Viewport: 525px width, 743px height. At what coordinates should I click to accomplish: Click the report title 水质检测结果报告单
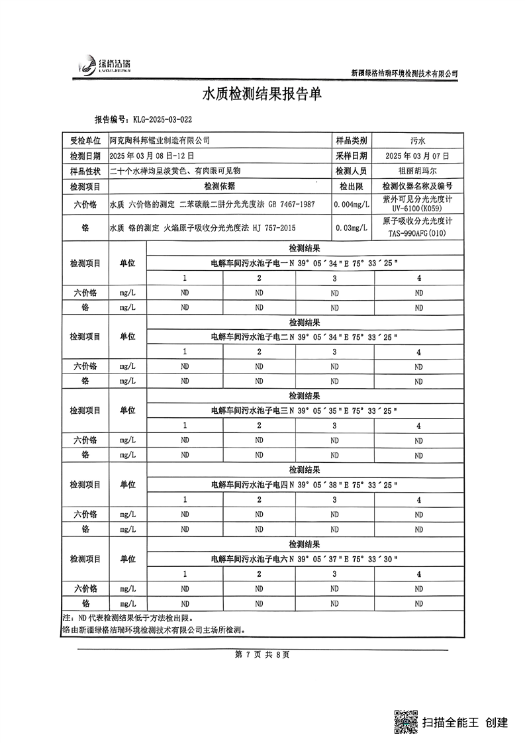(262, 95)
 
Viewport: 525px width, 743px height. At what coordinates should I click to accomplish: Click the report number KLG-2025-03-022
(162, 121)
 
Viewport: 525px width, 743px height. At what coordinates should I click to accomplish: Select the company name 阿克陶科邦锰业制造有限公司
(160, 140)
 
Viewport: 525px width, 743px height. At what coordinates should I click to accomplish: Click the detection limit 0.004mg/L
(352, 205)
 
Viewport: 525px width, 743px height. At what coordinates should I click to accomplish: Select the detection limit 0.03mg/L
(352, 228)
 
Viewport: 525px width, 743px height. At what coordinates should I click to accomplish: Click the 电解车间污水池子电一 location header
(248, 263)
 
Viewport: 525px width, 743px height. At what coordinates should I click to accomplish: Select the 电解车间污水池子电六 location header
(248, 560)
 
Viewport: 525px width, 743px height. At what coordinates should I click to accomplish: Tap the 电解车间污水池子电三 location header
(248, 411)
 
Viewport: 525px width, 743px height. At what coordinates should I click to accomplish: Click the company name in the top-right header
(404, 74)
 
